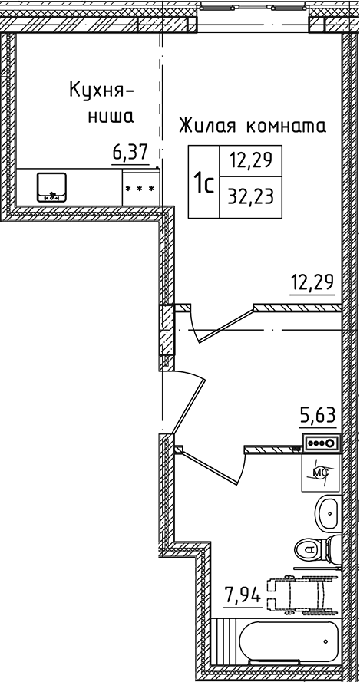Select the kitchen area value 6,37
[x=129, y=153]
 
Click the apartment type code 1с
[x=203, y=184]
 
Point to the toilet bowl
[x=313, y=549]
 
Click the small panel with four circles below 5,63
[x=321, y=442]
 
